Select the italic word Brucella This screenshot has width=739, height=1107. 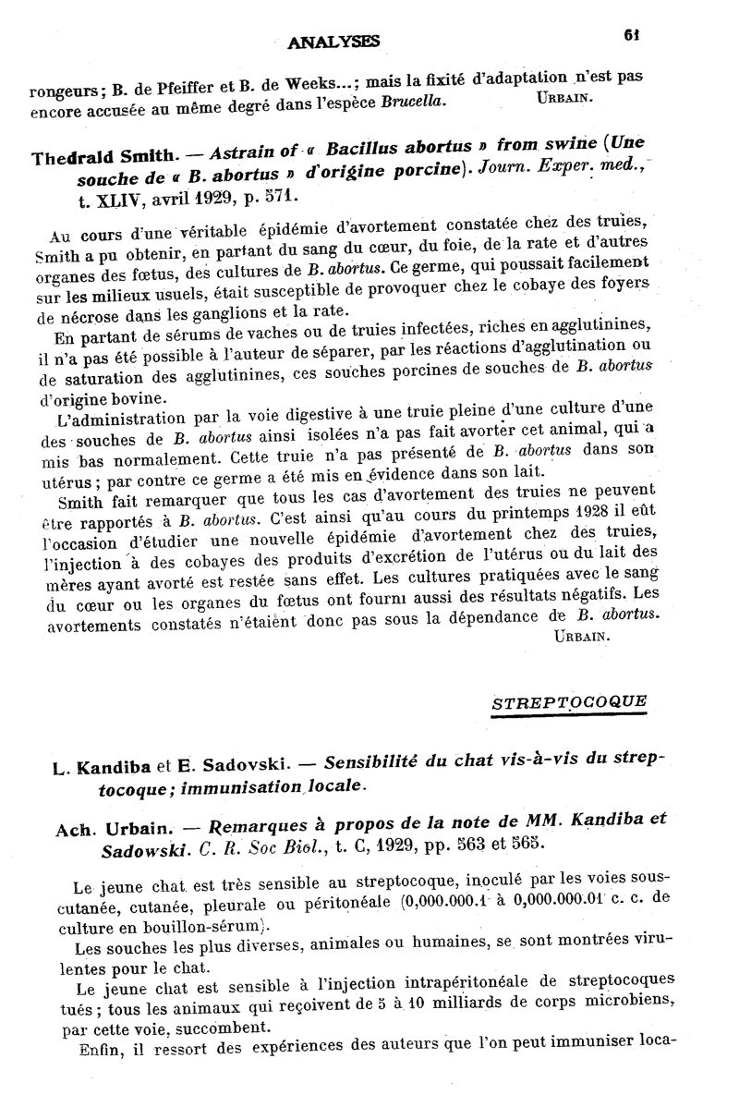point(414,101)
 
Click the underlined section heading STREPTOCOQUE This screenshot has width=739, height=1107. point(569,701)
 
